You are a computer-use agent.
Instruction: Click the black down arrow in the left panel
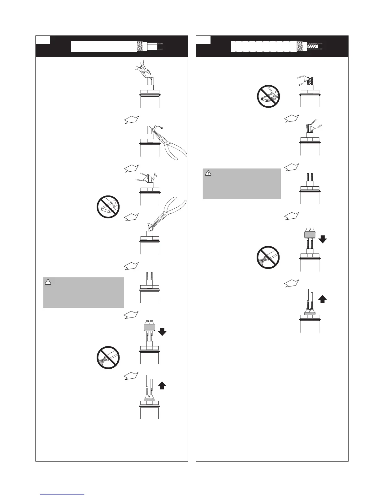pyautogui.click(x=162, y=331)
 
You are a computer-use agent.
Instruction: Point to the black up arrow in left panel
pyautogui.click(x=162, y=385)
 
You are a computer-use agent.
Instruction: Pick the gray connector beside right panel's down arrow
pyautogui.click(x=310, y=234)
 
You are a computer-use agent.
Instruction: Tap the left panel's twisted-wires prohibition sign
pyautogui.click(x=108, y=358)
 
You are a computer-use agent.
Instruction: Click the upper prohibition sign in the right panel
pyautogui.click(x=269, y=98)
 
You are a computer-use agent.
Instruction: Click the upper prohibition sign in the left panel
pyautogui.click(x=108, y=207)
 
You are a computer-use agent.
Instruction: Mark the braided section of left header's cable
pyautogui.click(x=142, y=46)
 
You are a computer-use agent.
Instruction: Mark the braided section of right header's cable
pyautogui.click(x=302, y=46)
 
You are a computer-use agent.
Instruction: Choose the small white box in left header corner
pyautogui.click(x=43, y=40)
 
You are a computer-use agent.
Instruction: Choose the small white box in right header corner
pyautogui.click(x=203, y=40)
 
